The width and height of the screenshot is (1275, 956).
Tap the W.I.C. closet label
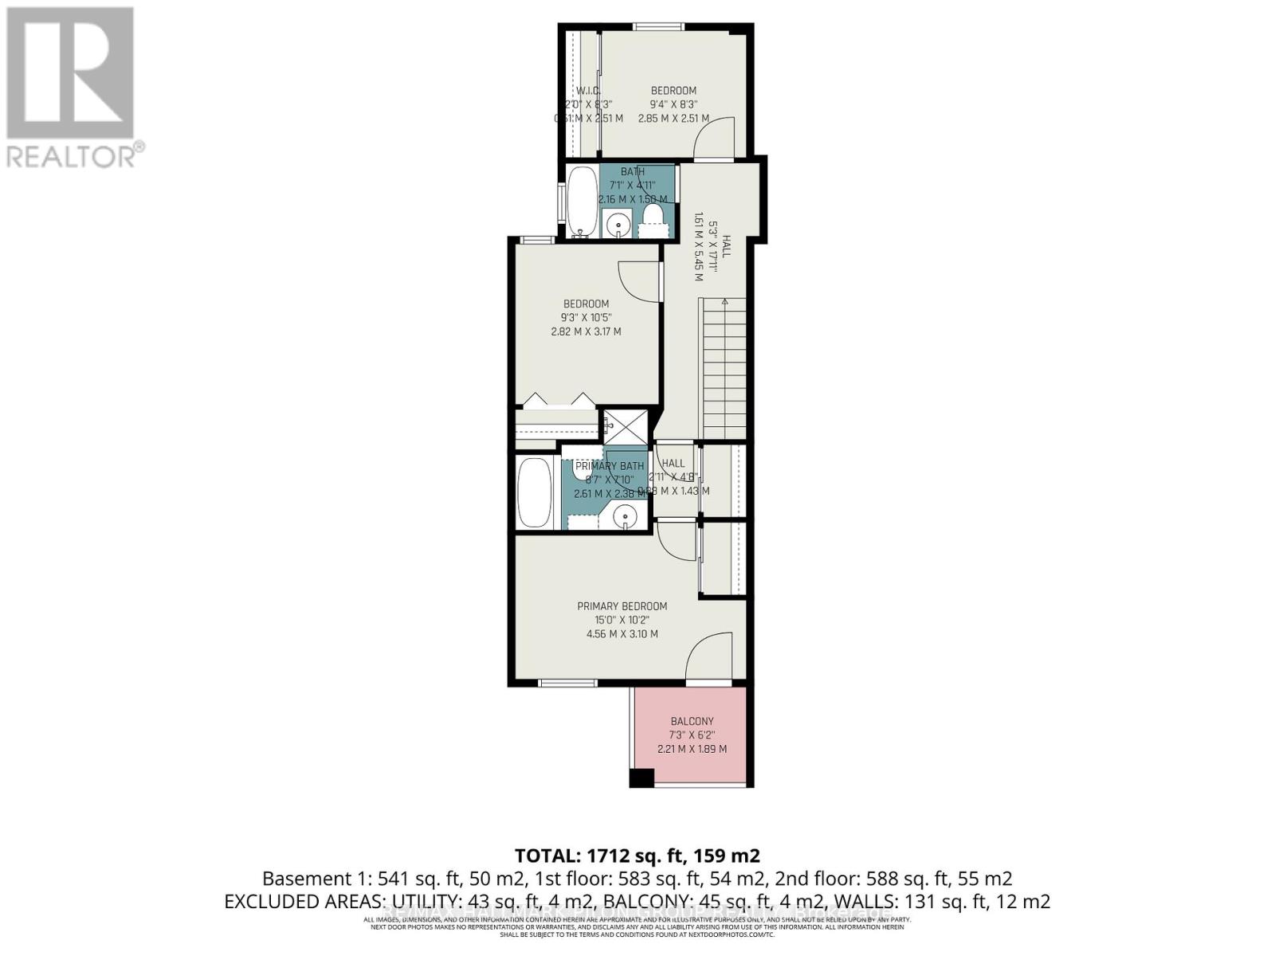tap(588, 91)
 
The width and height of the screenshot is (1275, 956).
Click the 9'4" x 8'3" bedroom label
tap(673, 104)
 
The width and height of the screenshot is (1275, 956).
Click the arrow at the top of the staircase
tap(724, 302)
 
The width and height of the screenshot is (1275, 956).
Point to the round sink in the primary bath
tap(626, 516)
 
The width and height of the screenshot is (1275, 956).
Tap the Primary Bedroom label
tap(622, 606)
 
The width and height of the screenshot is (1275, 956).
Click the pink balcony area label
tap(692, 735)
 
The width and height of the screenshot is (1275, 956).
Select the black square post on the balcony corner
tap(641, 778)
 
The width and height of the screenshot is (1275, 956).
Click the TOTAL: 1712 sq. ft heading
tap(637, 856)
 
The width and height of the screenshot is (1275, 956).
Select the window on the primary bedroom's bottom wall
tap(567, 683)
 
